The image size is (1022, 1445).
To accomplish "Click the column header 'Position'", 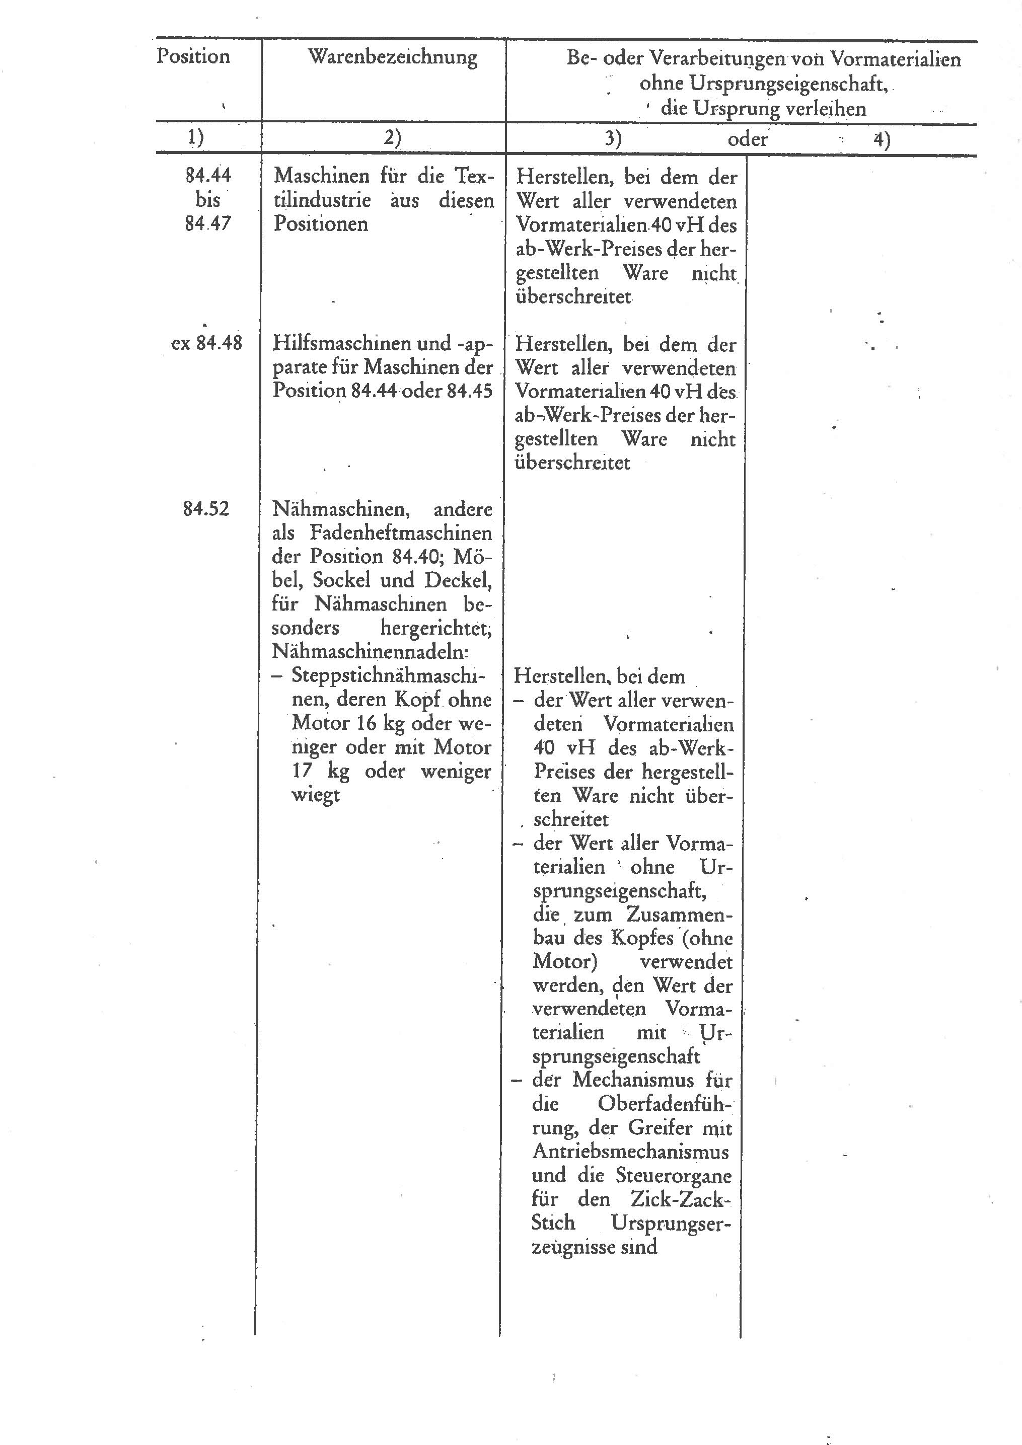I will coord(193,57).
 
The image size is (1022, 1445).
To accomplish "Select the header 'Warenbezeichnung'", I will coord(392,57).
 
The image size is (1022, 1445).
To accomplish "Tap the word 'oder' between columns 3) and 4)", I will coord(748,138).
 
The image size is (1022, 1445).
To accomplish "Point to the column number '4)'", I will coord(882,139).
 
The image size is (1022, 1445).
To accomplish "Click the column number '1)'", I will coord(196,138).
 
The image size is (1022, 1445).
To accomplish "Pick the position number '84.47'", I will coord(208,223).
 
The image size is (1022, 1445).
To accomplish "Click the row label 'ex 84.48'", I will coord(206,344).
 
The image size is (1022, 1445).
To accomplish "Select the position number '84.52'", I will coord(206,508).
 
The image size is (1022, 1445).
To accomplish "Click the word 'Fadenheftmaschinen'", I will coord(400,534).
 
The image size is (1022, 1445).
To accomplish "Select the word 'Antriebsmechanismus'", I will coord(631,1152).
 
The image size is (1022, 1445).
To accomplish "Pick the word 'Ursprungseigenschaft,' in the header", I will coord(763,84).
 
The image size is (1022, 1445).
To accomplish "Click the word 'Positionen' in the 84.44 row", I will coord(321,224).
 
